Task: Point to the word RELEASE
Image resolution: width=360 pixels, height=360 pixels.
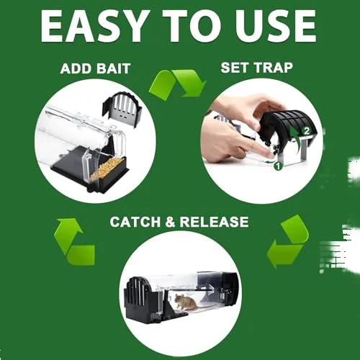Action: pyautogui.click(x=215, y=221)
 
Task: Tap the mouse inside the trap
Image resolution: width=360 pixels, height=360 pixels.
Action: pyautogui.click(x=186, y=303)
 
